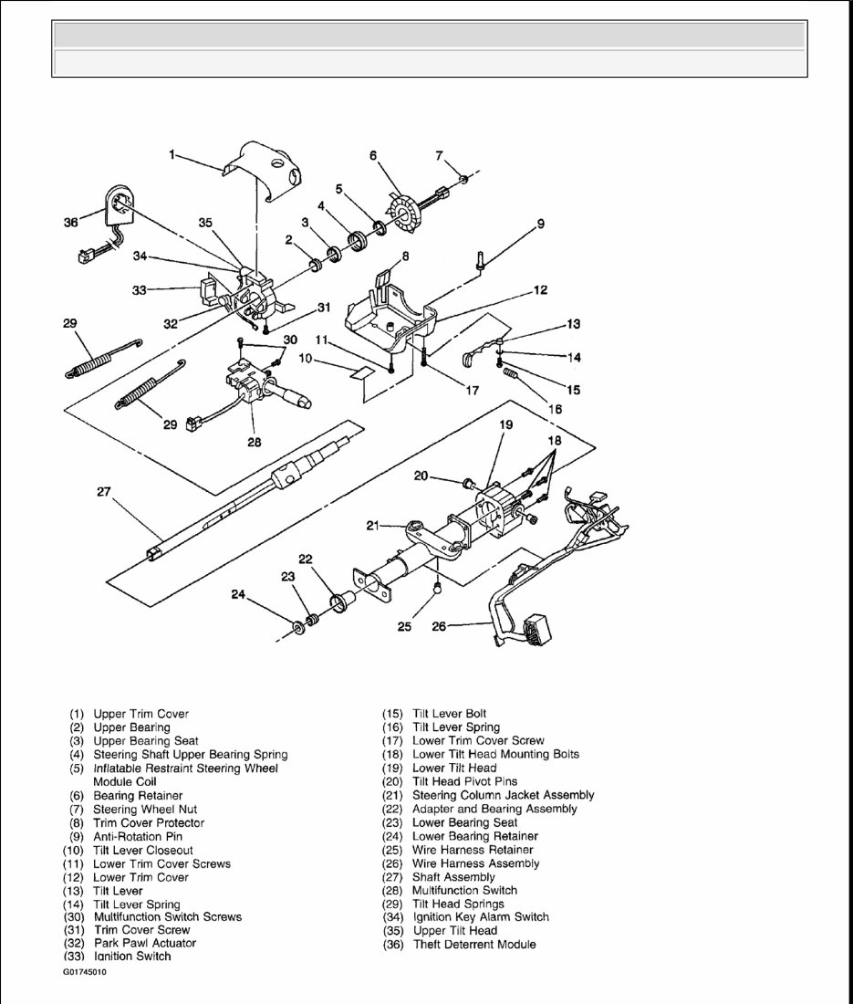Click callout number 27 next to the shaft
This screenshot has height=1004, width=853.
click(x=103, y=492)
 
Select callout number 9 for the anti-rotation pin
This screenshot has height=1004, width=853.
click(x=540, y=223)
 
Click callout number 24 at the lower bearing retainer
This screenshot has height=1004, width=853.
click(x=238, y=594)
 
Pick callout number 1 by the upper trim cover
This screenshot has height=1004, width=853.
click(x=172, y=155)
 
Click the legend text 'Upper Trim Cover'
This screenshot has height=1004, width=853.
click(x=141, y=714)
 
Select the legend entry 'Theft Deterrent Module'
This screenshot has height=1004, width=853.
click(x=474, y=944)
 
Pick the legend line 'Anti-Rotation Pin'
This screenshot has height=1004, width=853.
click(x=138, y=836)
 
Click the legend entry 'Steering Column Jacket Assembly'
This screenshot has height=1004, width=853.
click(x=503, y=795)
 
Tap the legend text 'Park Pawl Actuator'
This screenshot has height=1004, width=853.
click(x=144, y=942)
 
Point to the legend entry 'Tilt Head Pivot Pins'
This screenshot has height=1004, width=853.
click(x=464, y=781)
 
